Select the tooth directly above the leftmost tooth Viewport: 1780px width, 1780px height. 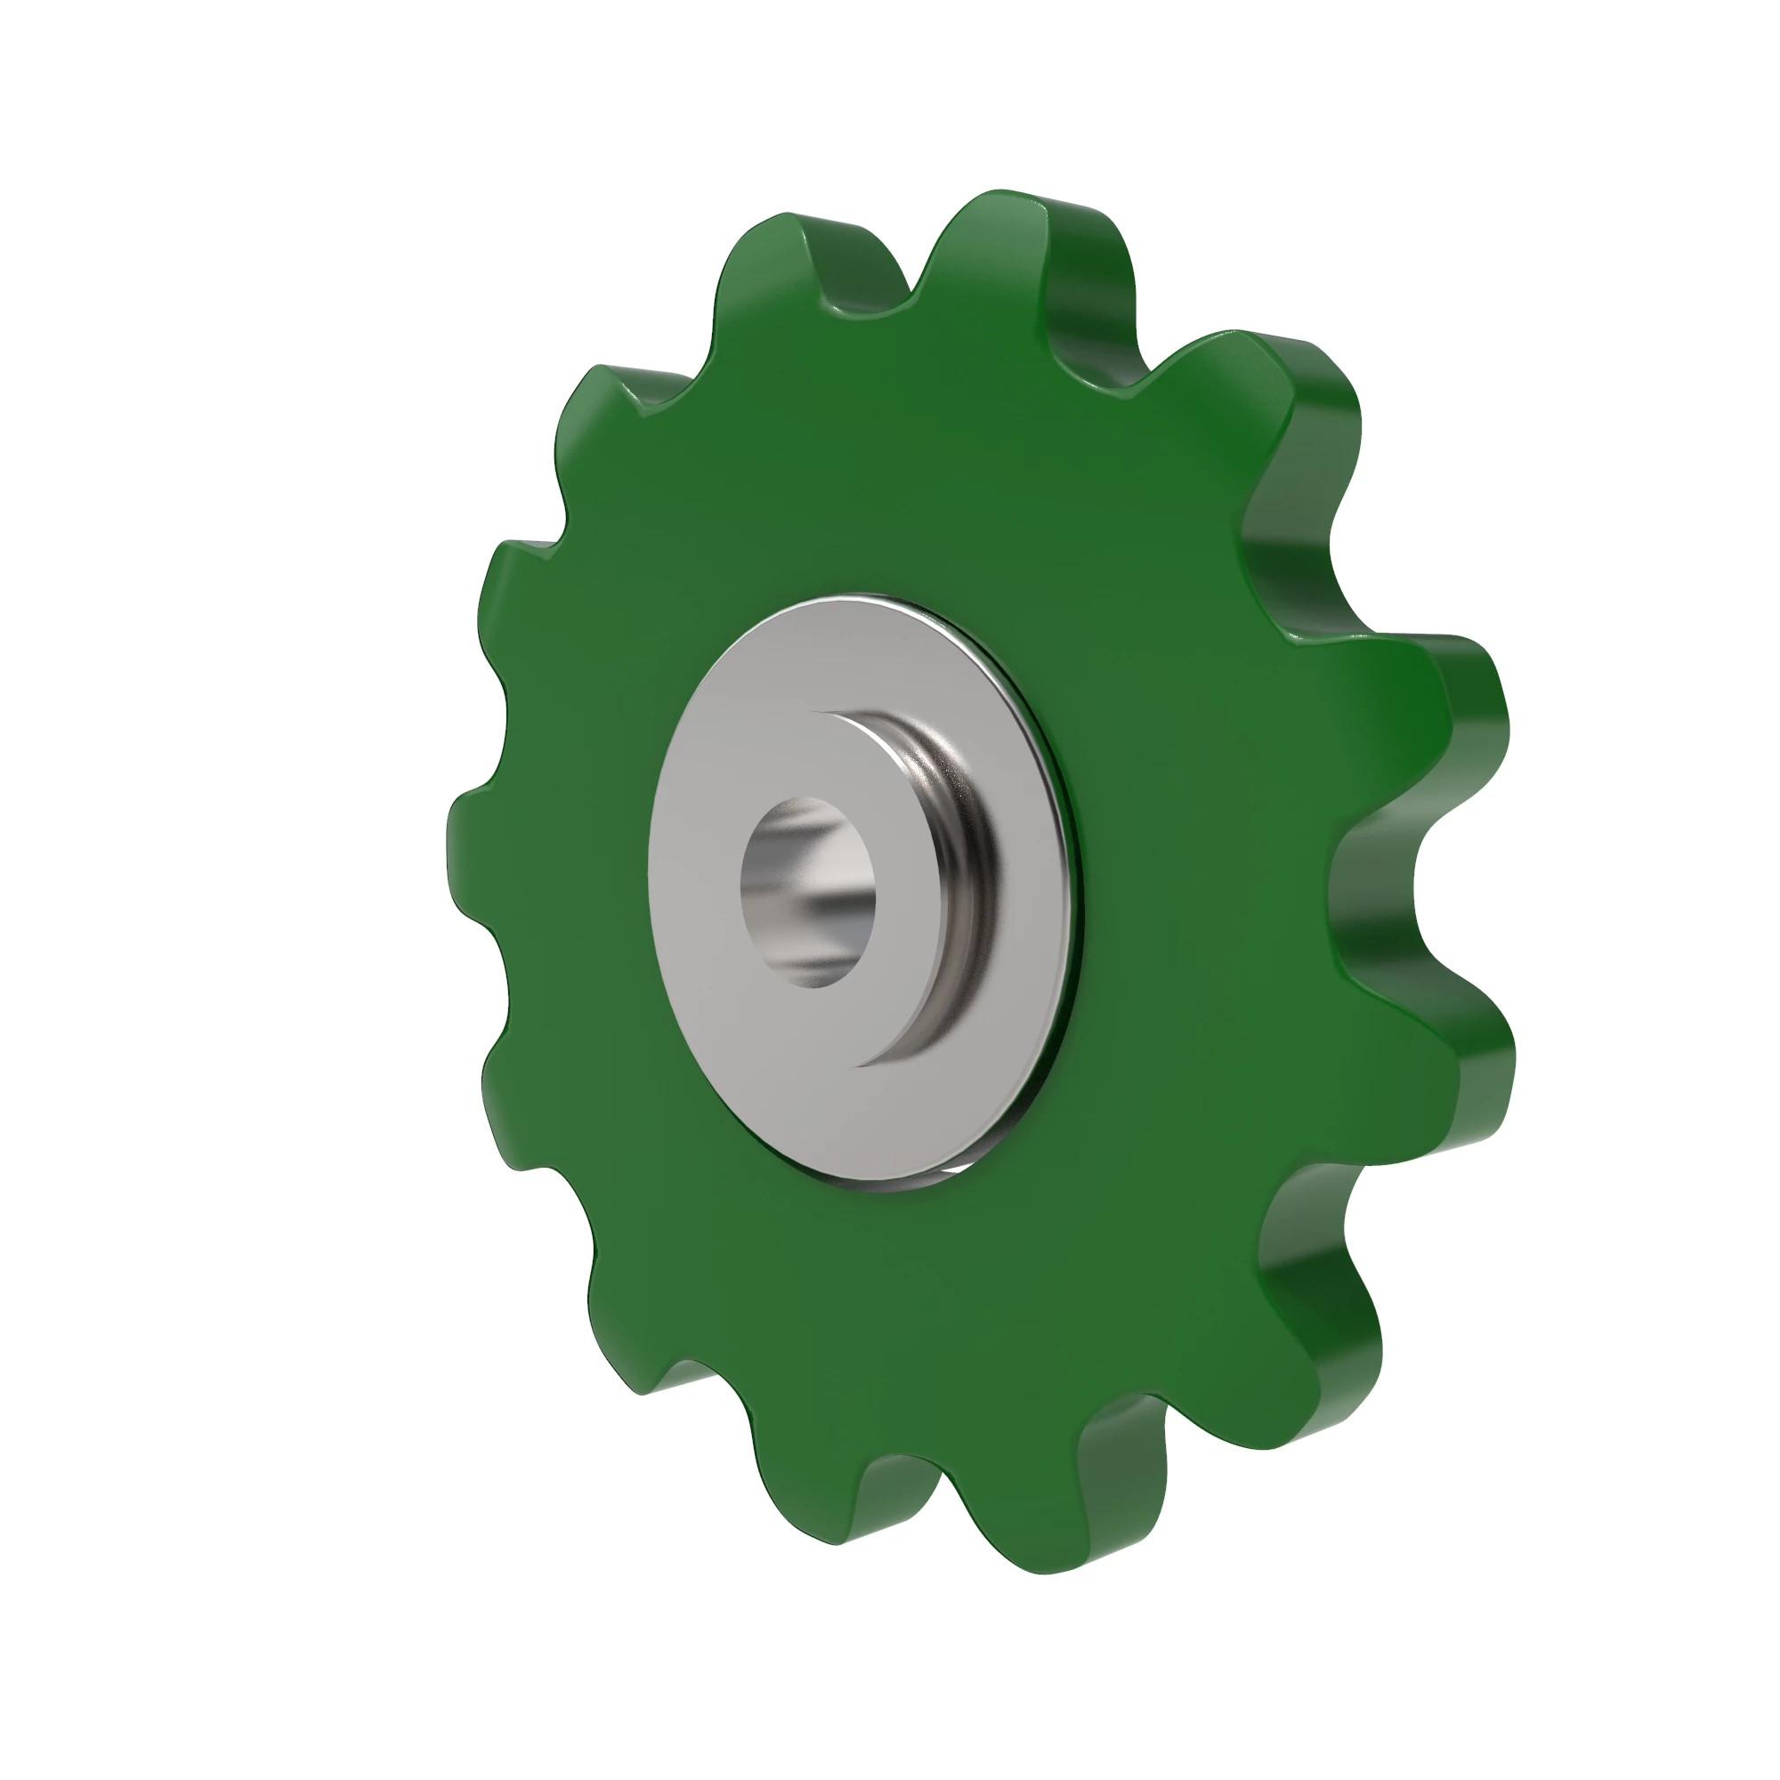[516, 590]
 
